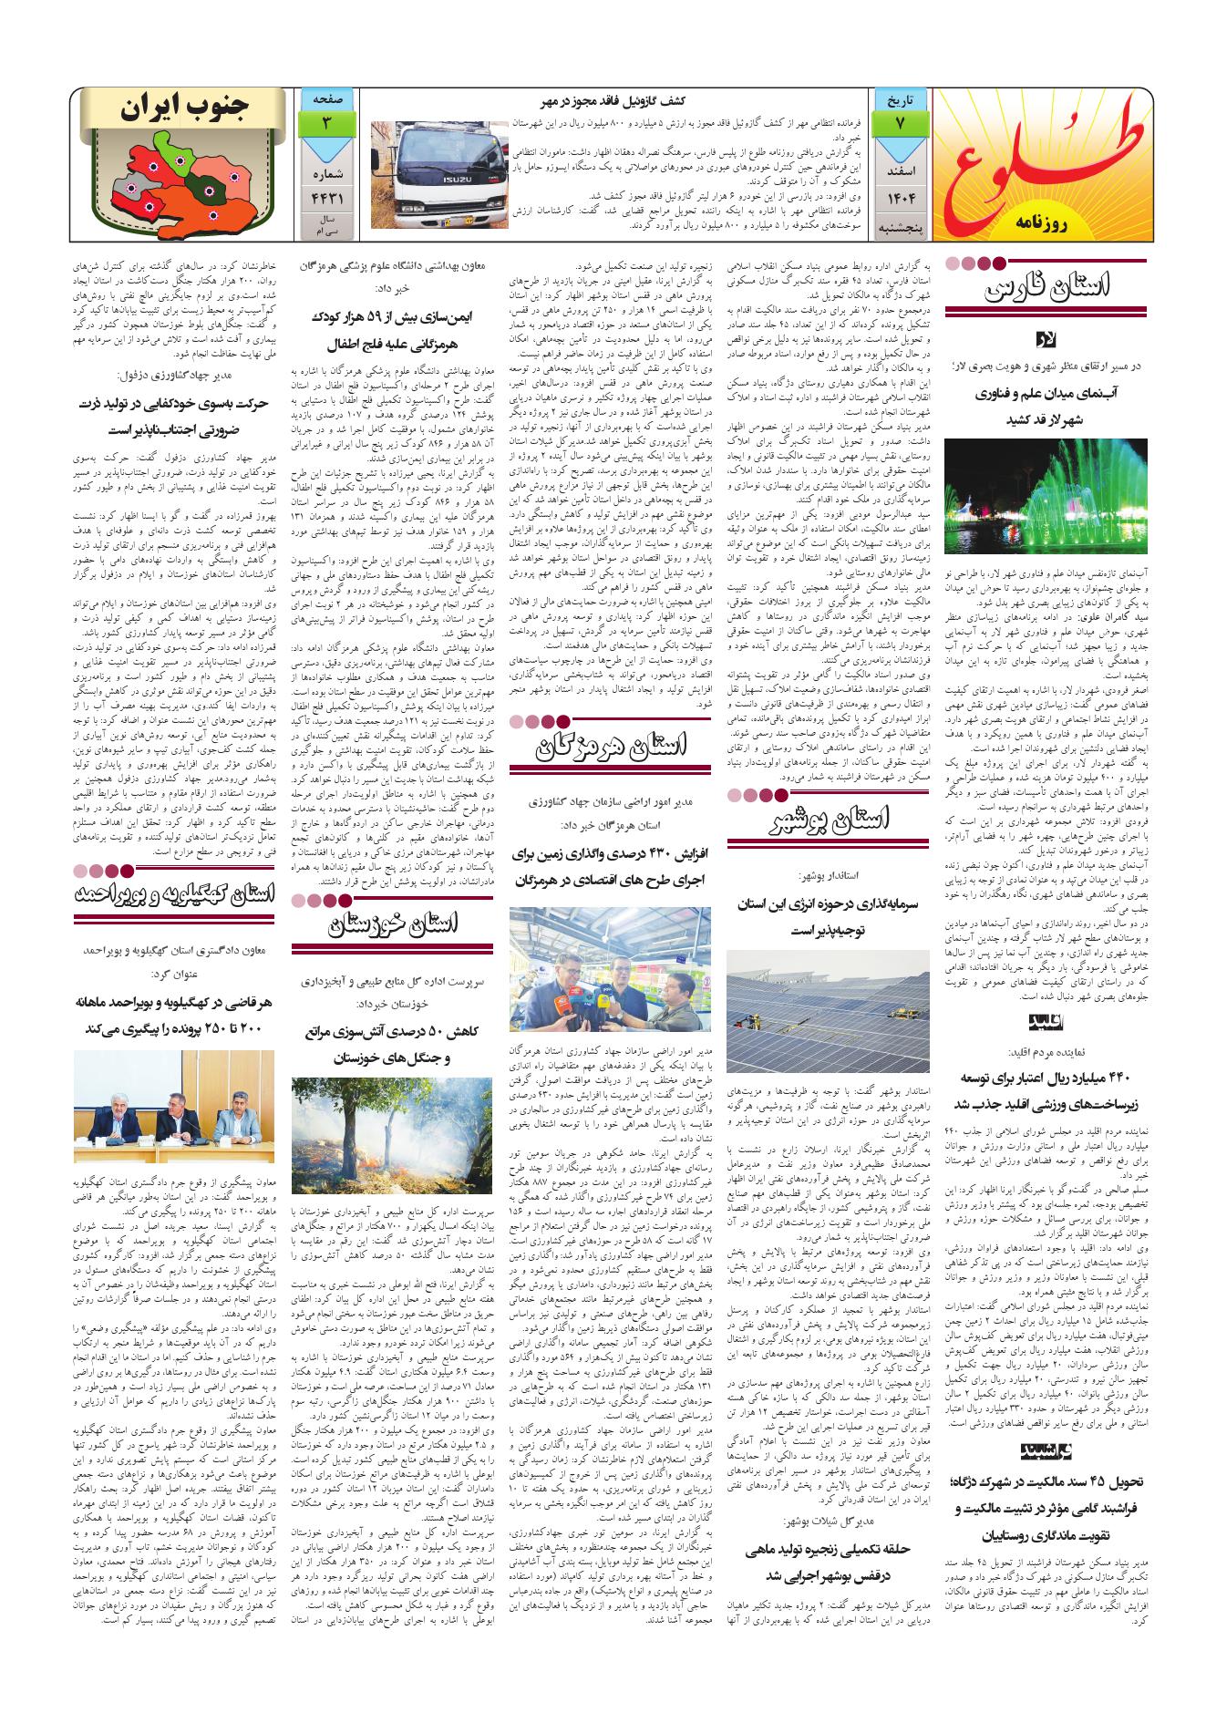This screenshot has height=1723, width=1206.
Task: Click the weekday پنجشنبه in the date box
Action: pos(900,225)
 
